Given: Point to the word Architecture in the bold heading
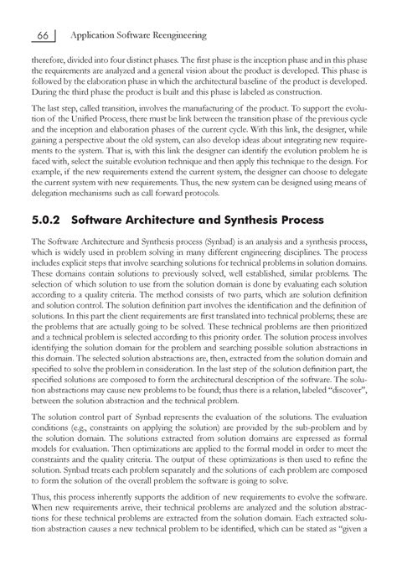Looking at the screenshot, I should point(156,220).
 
